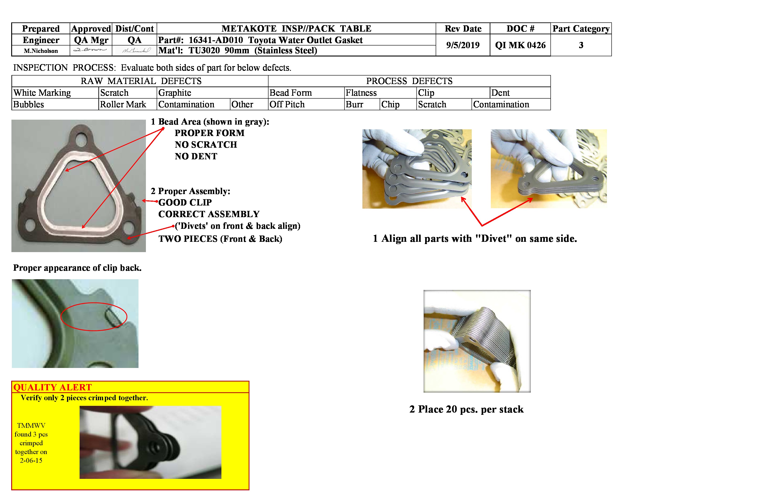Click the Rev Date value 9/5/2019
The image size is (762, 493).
(x=463, y=45)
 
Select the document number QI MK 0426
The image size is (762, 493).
(x=520, y=45)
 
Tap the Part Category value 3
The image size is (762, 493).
(x=581, y=45)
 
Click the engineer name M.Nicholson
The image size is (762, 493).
(x=41, y=51)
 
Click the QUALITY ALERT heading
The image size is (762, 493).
(x=52, y=387)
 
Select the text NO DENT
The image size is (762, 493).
(x=196, y=156)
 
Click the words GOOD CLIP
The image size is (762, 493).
(x=185, y=202)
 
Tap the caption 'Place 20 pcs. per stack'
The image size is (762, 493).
(x=466, y=409)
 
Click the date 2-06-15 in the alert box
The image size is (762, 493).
(x=31, y=460)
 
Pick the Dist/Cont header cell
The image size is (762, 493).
(x=134, y=28)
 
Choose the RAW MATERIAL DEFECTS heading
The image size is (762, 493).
(x=141, y=81)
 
